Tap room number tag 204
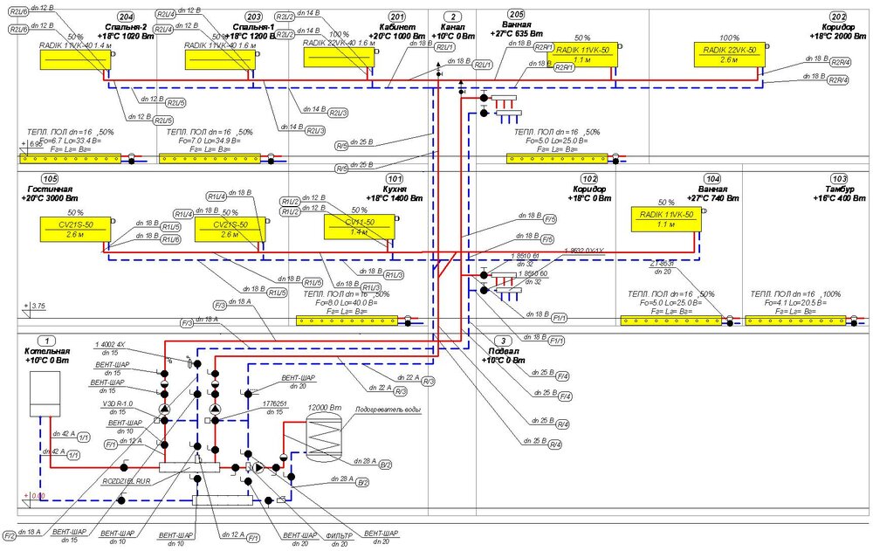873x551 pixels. (126, 17)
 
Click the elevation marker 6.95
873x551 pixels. (36, 143)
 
